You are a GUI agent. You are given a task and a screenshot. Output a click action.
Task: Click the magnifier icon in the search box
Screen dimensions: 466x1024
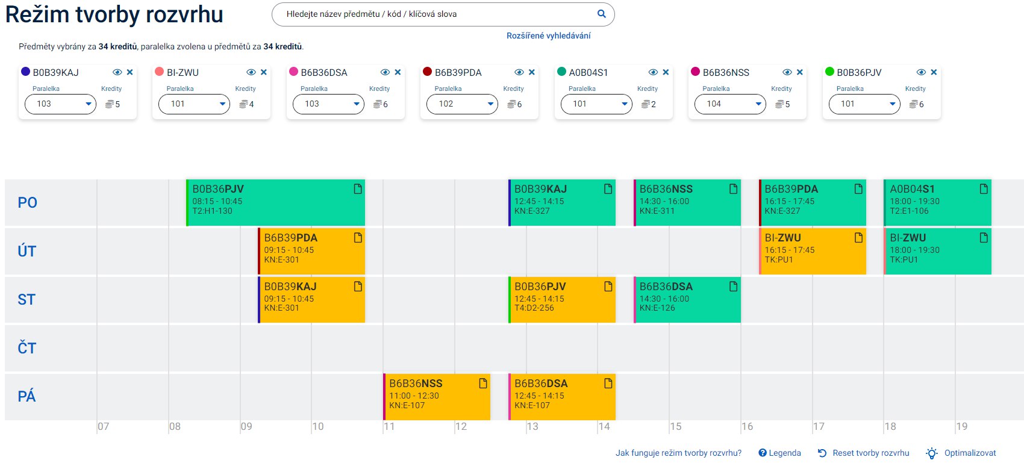click(x=601, y=14)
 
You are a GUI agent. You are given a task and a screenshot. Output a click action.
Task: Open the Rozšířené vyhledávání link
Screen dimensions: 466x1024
click(x=548, y=36)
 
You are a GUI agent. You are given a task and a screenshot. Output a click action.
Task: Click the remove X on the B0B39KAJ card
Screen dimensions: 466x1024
click(x=130, y=72)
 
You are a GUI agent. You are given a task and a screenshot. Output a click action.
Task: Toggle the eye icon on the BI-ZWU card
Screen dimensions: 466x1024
click(x=251, y=72)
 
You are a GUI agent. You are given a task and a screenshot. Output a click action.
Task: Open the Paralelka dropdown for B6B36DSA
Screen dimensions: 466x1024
click(x=328, y=104)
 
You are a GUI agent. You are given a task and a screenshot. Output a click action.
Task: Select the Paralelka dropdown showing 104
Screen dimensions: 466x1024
click(x=730, y=104)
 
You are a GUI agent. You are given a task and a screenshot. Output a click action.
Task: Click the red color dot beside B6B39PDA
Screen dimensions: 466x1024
click(x=428, y=72)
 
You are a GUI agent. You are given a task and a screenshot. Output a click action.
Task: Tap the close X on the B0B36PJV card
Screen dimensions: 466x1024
click(x=934, y=72)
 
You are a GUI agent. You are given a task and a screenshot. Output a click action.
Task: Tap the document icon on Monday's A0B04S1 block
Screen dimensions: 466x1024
click(x=984, y=189)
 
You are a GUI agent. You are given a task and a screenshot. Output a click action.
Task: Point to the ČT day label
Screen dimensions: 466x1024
click(x=27, y=348)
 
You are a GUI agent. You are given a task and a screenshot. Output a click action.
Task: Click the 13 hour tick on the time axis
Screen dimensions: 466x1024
click(x=532, y=426)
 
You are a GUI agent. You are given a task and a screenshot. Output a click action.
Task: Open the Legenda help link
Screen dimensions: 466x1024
click(x=779, y=453)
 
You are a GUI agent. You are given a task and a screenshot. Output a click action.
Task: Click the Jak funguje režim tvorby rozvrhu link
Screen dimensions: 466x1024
click(x=678, y=453)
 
